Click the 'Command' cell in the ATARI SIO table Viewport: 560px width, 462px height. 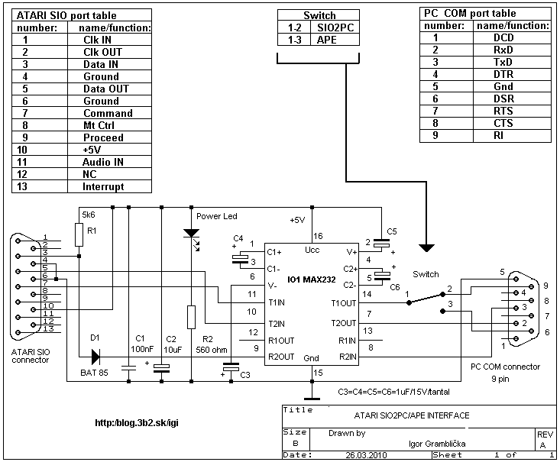108,113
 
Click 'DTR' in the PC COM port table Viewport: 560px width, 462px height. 503,74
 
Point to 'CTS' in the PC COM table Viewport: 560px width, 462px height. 503,123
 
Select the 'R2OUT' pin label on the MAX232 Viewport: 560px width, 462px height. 281,356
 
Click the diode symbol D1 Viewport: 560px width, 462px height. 95,356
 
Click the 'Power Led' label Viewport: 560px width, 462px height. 217,216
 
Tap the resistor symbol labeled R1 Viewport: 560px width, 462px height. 79,235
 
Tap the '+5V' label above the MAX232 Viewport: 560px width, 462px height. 297,220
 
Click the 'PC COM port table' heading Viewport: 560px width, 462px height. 468,13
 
